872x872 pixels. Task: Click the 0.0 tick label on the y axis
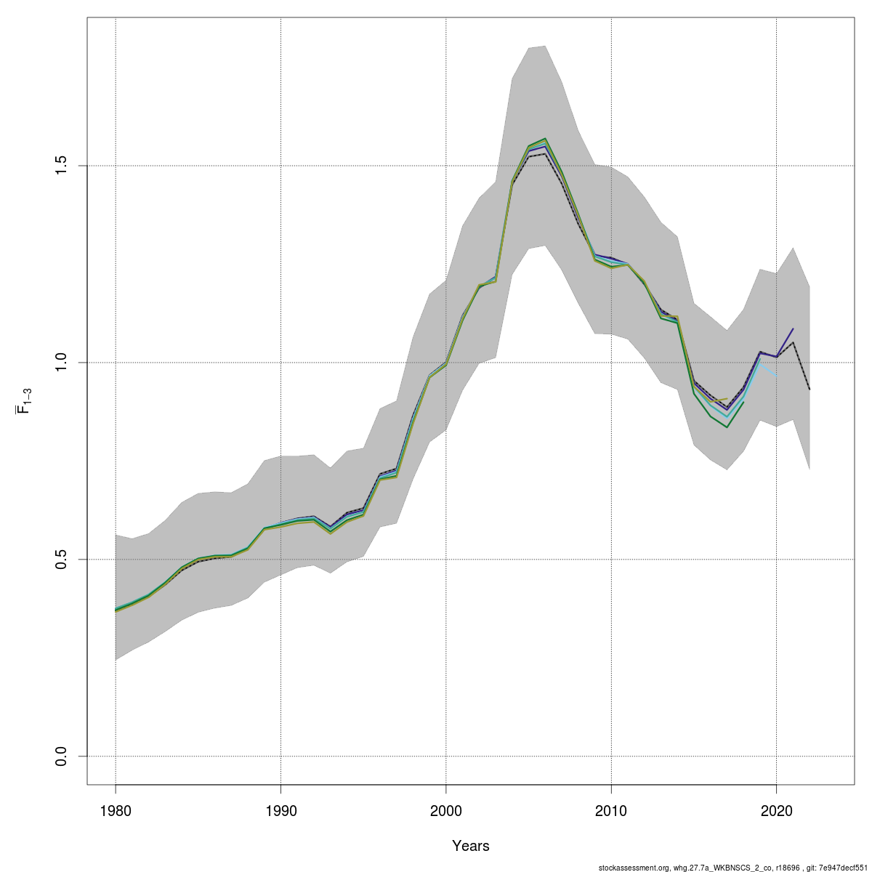click(62, 756)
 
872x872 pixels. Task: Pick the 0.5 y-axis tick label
click(62, 560)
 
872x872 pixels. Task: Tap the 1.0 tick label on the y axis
click(62, 363)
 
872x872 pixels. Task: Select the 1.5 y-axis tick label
click(62, 166)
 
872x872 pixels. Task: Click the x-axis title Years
click(471, 846)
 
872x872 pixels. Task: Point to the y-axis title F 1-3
click(23, 400)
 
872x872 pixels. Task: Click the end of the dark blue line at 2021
click(793, 329)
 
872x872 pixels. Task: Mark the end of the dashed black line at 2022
click(810, 389)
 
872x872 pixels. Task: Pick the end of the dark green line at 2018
click(743, 402)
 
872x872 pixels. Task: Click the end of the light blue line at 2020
click(776, 376)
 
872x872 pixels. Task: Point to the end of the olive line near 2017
click(727, 398)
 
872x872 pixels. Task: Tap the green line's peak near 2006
click(545, 138)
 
